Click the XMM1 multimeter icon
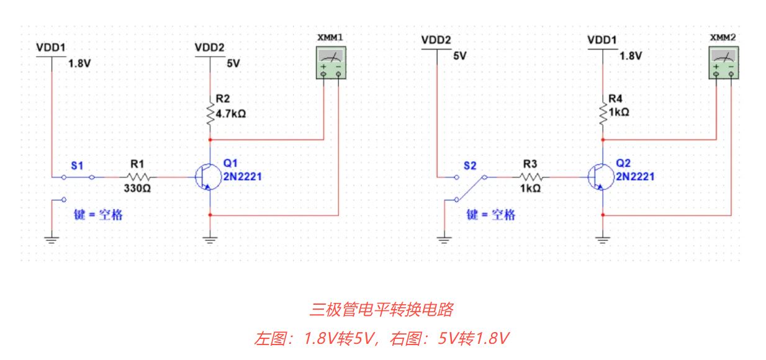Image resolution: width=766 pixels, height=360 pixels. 330,63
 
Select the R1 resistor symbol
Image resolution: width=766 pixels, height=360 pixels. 137,177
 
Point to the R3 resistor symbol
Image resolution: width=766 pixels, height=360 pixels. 529,177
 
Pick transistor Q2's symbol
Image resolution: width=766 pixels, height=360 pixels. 598,178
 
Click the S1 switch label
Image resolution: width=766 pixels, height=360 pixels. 77,166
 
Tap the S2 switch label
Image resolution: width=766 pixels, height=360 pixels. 471,166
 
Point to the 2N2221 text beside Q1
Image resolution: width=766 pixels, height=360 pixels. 243,176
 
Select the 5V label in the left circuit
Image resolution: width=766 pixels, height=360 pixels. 233,63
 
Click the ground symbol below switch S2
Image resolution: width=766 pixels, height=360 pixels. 444,238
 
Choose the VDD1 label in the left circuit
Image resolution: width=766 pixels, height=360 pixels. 51,47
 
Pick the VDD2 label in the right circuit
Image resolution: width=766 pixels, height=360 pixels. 436,40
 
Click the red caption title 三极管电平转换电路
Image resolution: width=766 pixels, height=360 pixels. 382,308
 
